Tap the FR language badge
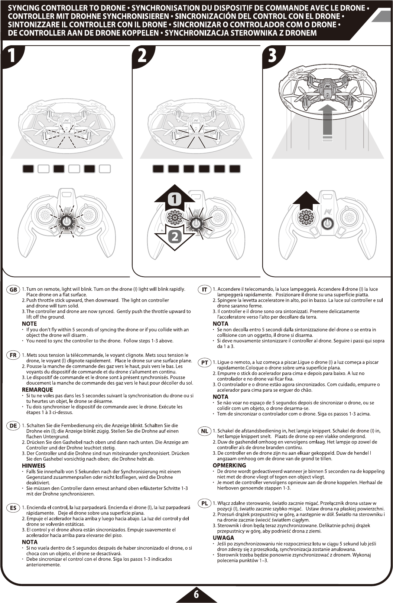click(13, 355)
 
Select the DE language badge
click(13, 426)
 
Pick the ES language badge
click(13, 508)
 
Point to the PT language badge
click(204, 363)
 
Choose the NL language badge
click(204, 431)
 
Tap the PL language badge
click(204, 504)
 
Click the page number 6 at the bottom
click(196, 594)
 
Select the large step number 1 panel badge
click(12, 56)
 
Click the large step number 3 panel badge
click(272, 56)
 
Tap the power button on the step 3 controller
click(327, 224)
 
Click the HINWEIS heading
click(33, 466)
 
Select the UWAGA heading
click(223, 538)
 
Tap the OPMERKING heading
click(229, 465)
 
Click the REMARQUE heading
click(37, 390)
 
